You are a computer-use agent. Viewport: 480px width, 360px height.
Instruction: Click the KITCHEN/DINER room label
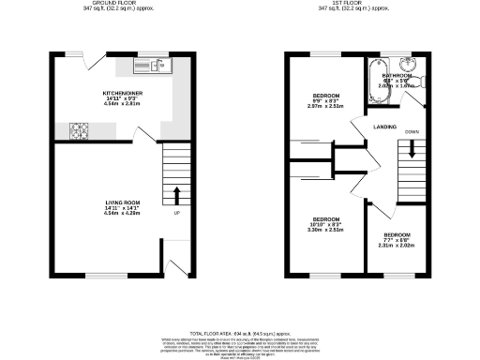[x=121, y=94]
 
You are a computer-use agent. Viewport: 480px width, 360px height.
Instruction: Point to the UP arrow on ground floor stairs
[x=175, y=195]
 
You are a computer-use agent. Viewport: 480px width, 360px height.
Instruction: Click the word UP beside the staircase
[x=176, y=211]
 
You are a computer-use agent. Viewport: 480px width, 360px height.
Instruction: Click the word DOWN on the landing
[x=412, y=132]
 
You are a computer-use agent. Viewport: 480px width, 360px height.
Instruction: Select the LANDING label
[x=384, y=127]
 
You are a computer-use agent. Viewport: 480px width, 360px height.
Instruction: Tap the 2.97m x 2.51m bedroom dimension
[x=325, y=107]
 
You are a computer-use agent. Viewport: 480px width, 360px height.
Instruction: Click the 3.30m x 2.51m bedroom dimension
[x=325, y=229]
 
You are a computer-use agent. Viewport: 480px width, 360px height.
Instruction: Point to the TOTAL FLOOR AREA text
[x=239, y=333]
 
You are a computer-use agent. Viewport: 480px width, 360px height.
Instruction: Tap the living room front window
[x=102, y=275]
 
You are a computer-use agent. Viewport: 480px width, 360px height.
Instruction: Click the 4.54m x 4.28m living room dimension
[x=121, y=213]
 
